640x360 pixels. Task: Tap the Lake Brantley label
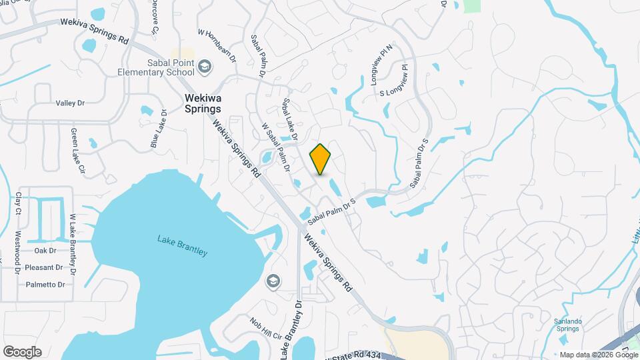[x=183, y=245]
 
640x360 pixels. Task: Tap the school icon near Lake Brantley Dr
[x=272, y=281]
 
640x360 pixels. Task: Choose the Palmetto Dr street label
[x=46, y=285]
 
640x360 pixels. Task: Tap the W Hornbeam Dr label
[x=217, y=45]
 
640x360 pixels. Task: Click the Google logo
[x=22, y=352]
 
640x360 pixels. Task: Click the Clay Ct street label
[x=18, y=204]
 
